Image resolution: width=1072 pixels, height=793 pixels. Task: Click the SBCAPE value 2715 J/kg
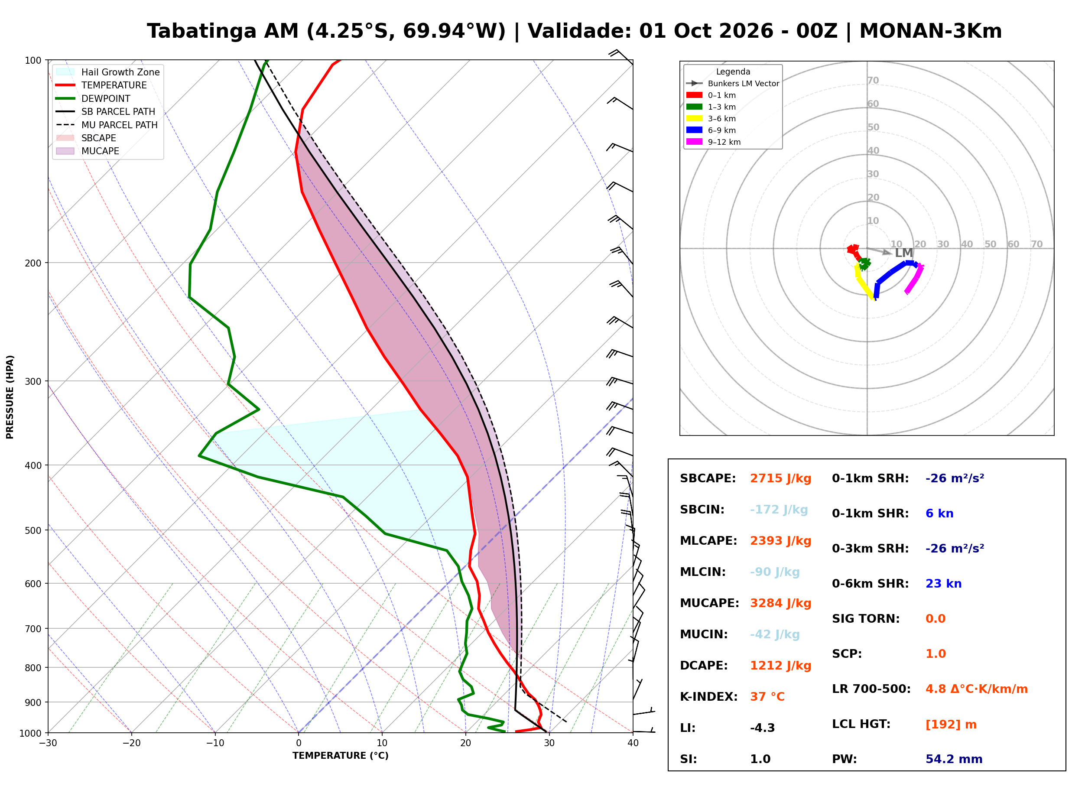click(780, 478)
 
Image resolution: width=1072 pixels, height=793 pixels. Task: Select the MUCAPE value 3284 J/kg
click(780, 603)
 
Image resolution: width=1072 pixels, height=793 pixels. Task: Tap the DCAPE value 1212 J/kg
click(780, 666)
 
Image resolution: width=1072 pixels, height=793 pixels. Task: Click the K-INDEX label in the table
click(708, 697)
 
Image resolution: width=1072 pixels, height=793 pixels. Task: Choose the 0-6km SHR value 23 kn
click(943, 584)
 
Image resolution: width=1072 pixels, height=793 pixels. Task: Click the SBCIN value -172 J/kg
click(779, 510)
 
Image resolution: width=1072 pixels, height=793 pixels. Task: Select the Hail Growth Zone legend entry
click(108, 72)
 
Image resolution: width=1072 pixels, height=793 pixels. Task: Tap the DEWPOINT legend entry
click(93, 98)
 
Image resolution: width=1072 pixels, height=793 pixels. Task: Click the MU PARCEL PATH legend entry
click(107, 125)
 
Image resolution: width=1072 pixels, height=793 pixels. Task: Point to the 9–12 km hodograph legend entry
click(714, 142)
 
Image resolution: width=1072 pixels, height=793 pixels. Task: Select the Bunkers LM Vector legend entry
click(733, 84)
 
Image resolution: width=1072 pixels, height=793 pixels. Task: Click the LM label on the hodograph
click(903, 253)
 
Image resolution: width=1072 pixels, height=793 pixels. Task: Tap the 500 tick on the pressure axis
click(33, 530)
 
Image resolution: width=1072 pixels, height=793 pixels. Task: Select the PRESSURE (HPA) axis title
click(10, 397)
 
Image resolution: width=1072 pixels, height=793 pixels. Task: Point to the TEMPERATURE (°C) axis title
click(341, 756)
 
